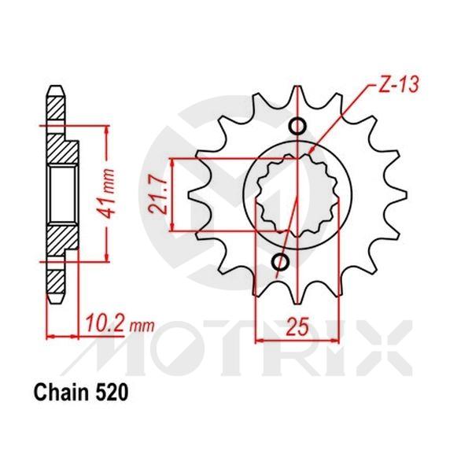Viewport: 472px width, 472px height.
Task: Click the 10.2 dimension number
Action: click(99, 324)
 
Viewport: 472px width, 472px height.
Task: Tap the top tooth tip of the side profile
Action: click(57, 88)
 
